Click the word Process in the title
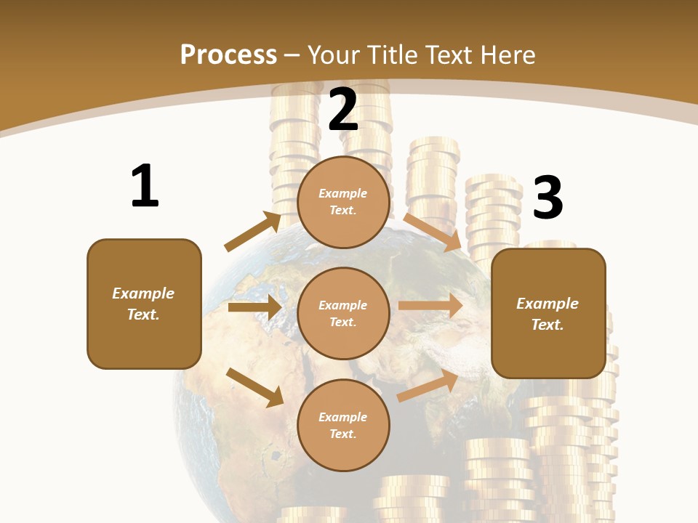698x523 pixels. pos(228,54)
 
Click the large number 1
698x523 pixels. pos(145,186)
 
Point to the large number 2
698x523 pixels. pos(343,110)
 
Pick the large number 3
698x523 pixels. pos(548,198)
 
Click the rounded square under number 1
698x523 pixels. pos(144,304)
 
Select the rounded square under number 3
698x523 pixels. pos(548,313)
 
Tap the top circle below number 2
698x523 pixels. pos(343,202)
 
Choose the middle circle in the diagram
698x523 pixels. pos(343,313)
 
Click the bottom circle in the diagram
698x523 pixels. pos(343,425)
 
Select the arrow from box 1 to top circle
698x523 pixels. pos(252,232)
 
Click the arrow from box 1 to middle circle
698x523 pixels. pos(254,307)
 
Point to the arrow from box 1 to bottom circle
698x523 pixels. pos(254,386)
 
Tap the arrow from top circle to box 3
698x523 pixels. pos(433,232)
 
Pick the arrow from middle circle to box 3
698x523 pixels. pos(430,306)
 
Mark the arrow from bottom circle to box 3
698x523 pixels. pos(428,386)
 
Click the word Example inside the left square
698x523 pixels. pos(143,293)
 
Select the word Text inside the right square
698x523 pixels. pos(547,325)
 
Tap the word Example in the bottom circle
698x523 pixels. pos(343,417)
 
